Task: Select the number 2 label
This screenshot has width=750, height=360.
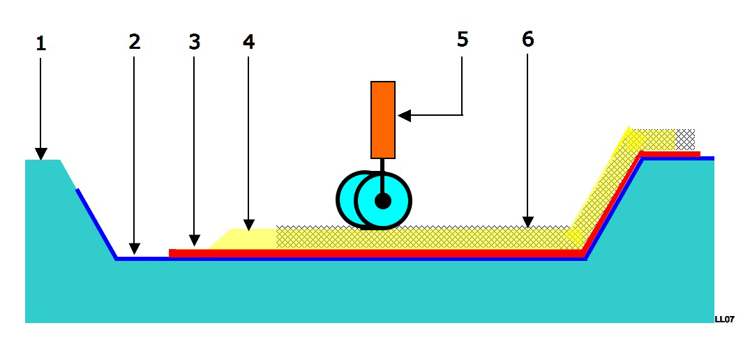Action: click(135, 42)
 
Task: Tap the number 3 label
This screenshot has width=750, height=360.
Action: click(194, 42)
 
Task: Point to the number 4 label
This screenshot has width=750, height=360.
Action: click(249, 42)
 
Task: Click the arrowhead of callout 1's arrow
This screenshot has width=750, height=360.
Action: click(40, 154)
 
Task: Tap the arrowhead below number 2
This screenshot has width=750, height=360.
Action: click(135, 248)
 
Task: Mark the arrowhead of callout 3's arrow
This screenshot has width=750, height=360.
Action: click(194, 241)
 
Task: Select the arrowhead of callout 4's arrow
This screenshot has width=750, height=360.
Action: click(249, 224)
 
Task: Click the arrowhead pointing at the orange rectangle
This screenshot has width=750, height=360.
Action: click(404, 115)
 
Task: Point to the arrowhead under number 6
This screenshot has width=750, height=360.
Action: click(527, 221)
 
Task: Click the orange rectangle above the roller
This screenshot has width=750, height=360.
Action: click(382, 119)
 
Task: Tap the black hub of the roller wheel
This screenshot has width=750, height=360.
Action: click(382, 201)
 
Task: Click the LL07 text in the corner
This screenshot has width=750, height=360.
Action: click(724, 320)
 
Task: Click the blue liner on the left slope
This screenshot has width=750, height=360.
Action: click(96, 224)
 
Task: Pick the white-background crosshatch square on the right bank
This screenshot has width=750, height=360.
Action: click(685, 139)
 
